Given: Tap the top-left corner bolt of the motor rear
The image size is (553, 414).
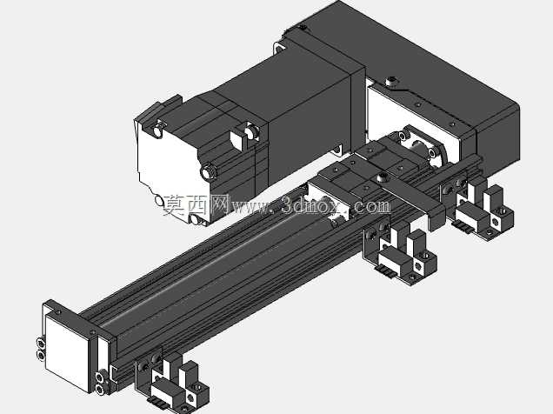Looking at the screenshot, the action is click(157, 131).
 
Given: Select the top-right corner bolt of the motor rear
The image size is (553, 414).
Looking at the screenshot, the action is click(250, 132).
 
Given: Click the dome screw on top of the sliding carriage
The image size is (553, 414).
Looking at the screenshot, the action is click(382, 177).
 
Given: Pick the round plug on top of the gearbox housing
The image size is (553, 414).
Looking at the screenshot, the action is click(391, 82).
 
